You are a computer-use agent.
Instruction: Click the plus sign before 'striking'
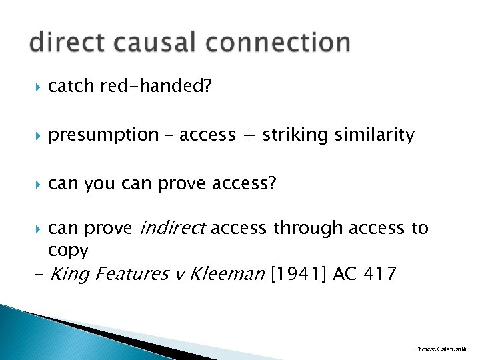(249, 135)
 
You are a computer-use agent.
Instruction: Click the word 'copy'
(68, 250)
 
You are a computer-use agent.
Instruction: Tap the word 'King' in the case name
(69, 273)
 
